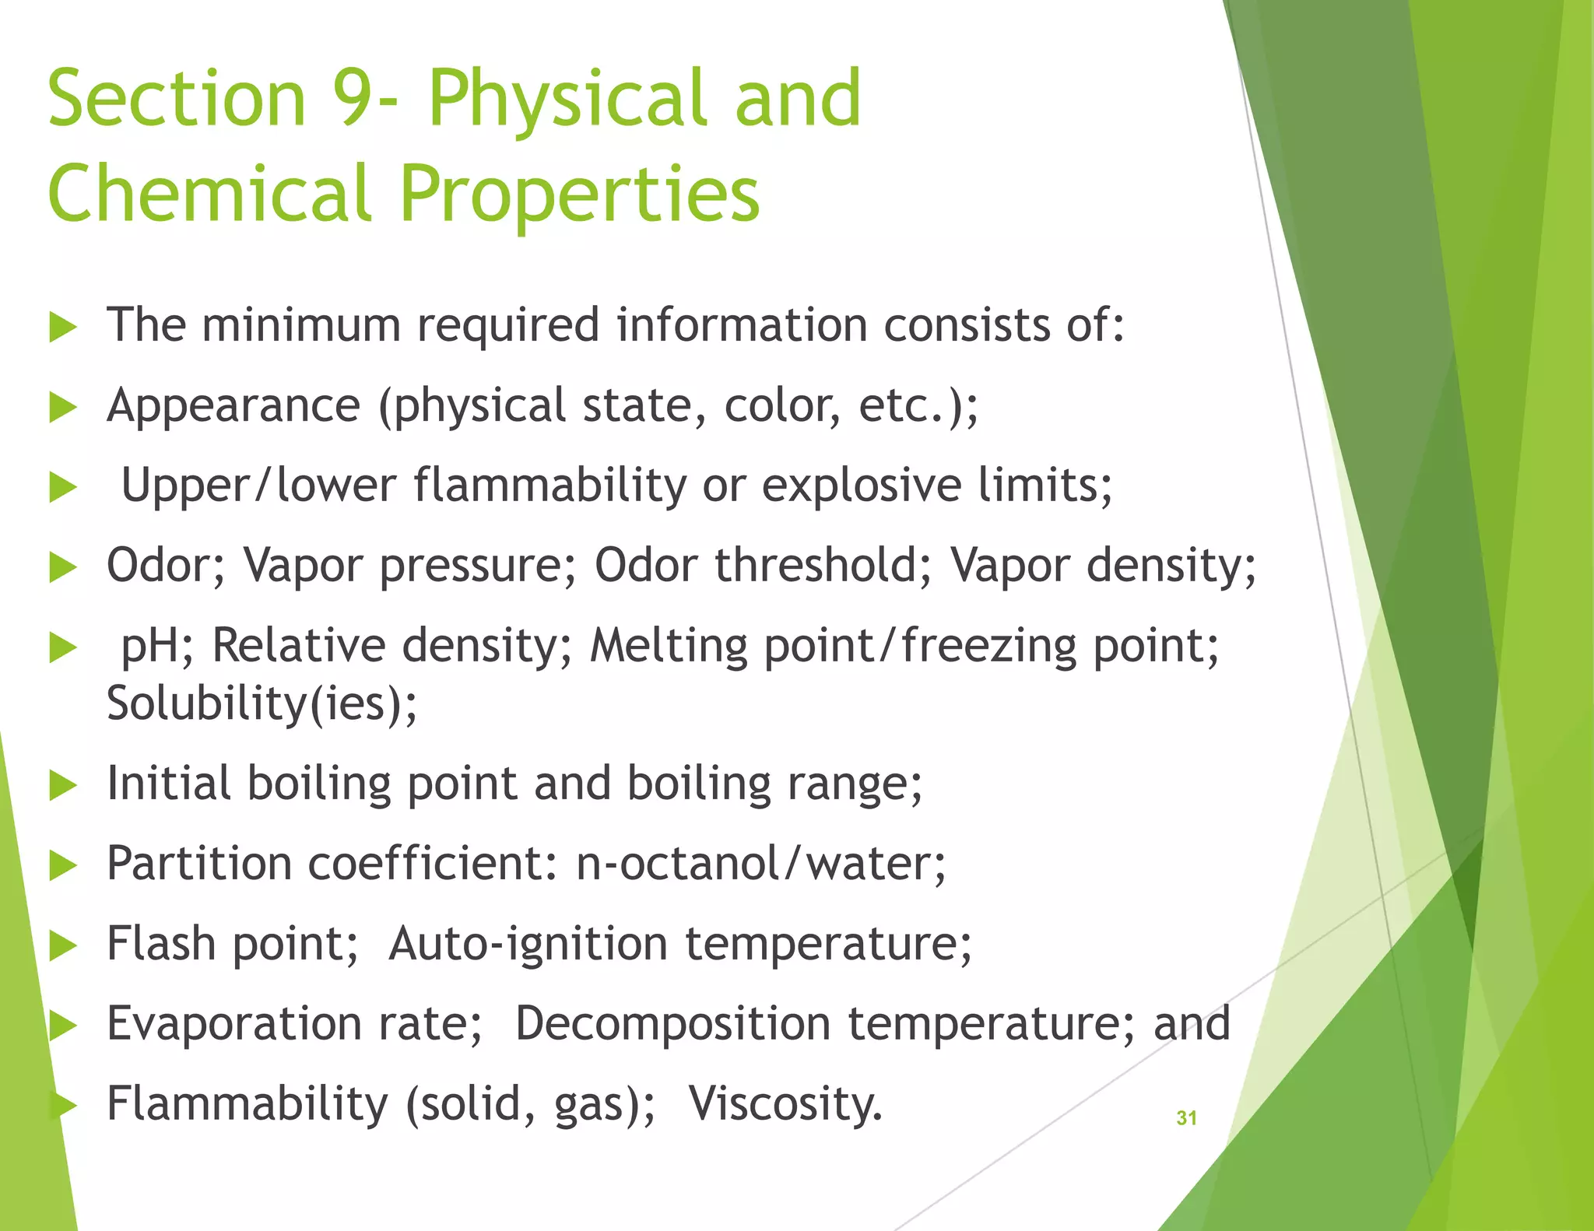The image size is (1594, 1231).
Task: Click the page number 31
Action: pos(1186,1118)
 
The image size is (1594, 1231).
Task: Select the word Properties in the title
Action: pos(580,195)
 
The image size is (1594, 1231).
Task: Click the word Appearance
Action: pos(233,405)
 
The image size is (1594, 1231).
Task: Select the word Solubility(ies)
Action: pos(262,703)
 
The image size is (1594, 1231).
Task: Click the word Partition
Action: pos(199,863)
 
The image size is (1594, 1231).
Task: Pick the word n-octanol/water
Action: pos(760,863)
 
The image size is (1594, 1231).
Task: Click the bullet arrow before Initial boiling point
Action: pos(63,785)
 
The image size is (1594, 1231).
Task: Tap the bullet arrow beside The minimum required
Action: pos(63,327)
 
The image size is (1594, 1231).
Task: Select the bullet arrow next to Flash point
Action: pos(63,945)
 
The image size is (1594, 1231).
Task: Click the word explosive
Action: pos(861,486)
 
